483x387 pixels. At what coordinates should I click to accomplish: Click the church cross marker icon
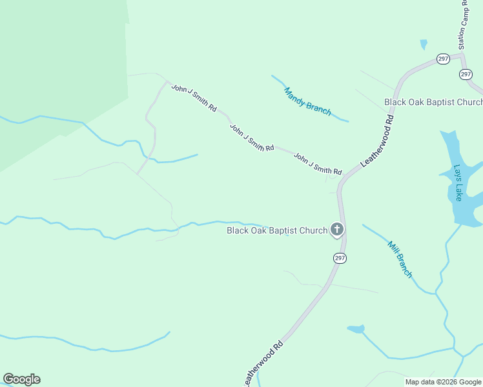[x=336, y=230]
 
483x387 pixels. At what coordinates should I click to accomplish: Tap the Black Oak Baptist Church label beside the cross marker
[x=276, y=230]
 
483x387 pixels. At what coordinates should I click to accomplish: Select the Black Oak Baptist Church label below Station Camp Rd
[x=433, y=102]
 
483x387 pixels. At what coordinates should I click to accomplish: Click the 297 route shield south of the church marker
[x=340, y=258]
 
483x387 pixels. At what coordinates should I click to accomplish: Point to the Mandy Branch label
[x=307, y=102]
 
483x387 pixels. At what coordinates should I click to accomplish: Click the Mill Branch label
[x=400, y=259]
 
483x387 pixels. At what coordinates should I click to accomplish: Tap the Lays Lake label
[x=458, y=183]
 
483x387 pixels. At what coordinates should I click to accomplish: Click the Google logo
[x=21, y=379]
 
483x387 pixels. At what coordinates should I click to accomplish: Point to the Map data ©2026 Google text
[x=443, y=382]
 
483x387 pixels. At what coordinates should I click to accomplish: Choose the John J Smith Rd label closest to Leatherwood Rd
[x=318, y=164]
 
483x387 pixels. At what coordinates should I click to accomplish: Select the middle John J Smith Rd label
[x=252, y=138]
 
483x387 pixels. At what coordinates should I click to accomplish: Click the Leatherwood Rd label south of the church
[x=263, y=363]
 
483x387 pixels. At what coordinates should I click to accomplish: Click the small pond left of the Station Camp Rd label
[x=424, y=45]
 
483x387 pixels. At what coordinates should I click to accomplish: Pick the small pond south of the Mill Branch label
[x=356, y=329]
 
